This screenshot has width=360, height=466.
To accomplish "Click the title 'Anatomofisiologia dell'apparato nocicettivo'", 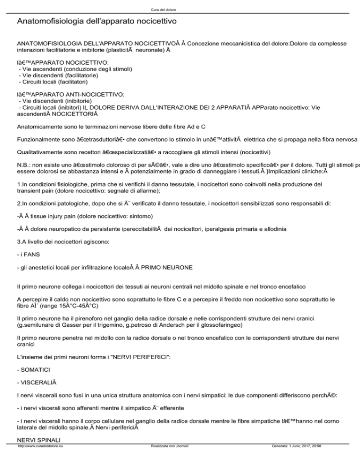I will click(97, 22).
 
